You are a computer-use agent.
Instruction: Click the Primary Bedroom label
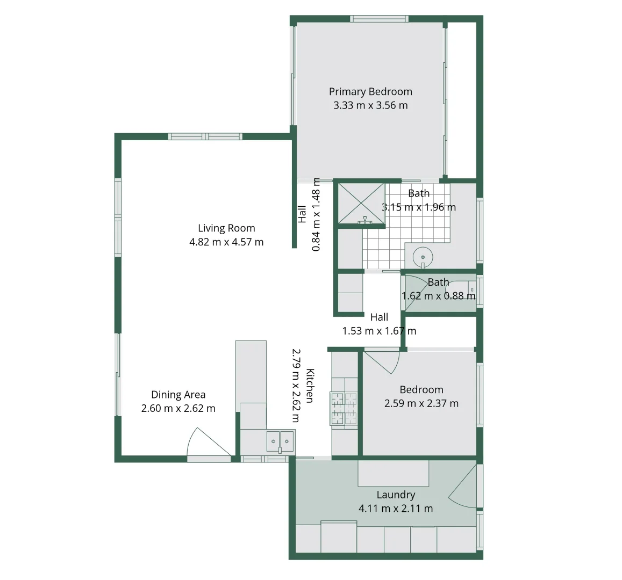[370, 92]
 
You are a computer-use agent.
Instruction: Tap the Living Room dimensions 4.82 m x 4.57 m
[226, 242]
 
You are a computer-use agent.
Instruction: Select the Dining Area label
[178, 395]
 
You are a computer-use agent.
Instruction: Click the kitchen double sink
[280, 441]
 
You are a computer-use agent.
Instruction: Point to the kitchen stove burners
[344, 409]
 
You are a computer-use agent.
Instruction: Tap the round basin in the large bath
[423, 256]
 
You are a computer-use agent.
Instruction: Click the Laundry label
[396, 495]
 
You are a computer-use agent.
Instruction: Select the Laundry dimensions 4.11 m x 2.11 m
[396, 508]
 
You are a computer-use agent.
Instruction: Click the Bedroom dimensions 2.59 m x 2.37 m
[421, 403]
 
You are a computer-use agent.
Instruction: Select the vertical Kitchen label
[310, 385]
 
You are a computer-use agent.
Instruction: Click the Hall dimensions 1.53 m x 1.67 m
[379, 331]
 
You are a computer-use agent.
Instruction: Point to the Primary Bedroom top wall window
[379, 19]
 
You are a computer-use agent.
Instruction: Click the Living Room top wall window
[205, 136]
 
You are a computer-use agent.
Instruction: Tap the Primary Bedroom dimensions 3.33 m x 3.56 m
[370, 106]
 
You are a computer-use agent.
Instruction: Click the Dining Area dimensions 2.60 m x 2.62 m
[178, 409]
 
